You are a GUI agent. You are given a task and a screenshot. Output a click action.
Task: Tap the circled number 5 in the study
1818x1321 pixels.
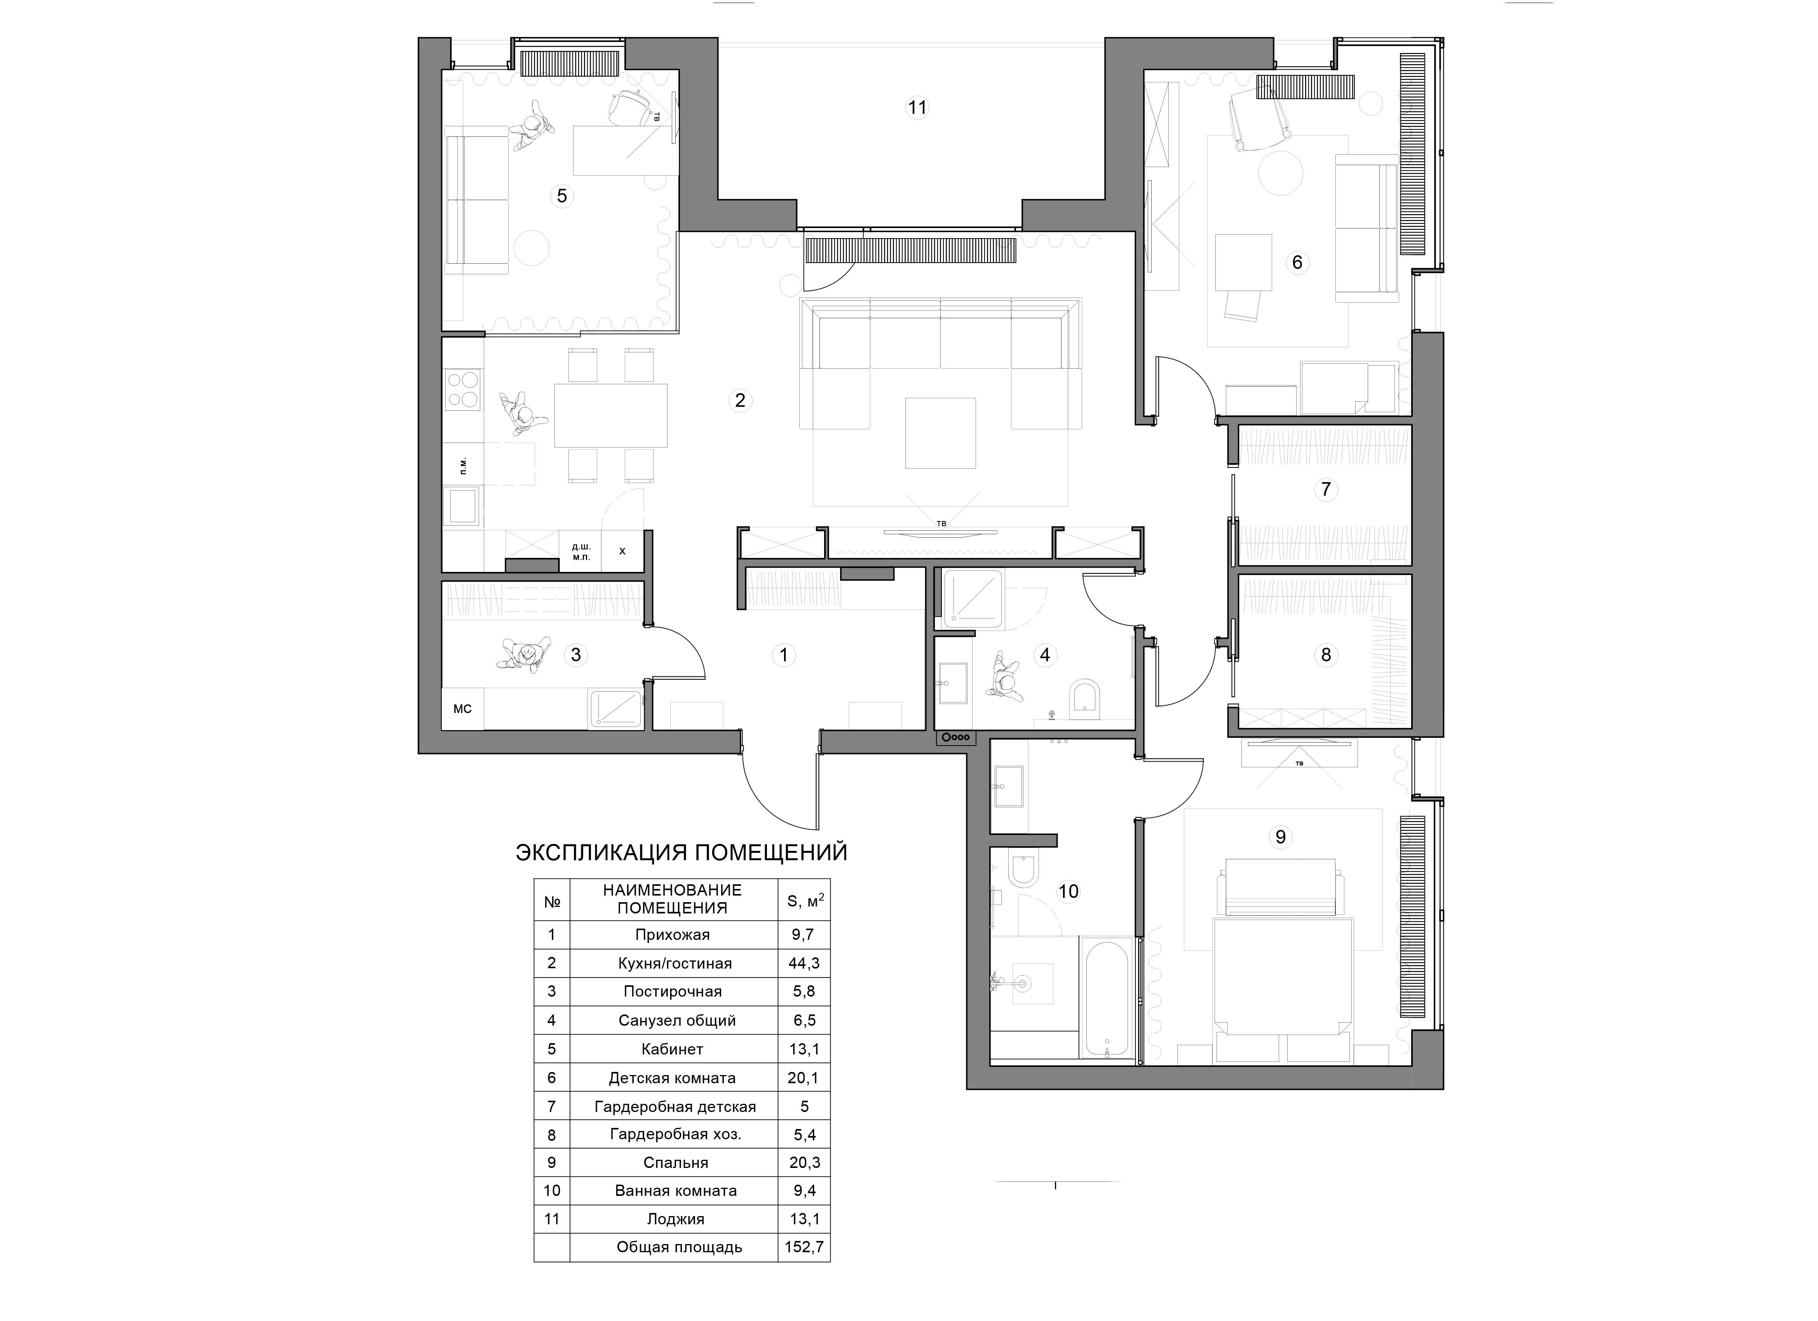pyautogui.click(x=562, y=195)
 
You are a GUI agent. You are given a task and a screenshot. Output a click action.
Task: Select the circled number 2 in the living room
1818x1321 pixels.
pyautogui.click(x=740, y=400)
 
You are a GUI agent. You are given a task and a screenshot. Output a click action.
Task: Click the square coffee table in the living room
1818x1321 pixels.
pyautogui.click(x=940, y=433)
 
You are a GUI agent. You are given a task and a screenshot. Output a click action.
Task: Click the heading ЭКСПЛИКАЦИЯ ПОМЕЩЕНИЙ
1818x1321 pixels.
pyautogui.click(x=682, y=852)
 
